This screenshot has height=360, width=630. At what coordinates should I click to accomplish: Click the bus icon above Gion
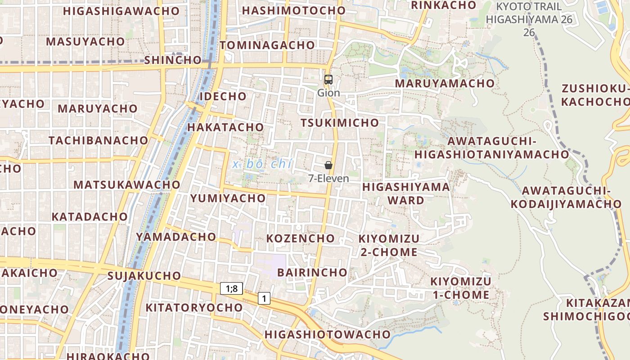pyautogui.click(x=328, y=80)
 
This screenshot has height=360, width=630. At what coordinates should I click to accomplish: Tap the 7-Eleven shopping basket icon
pyautogui.click(x=328, y=165)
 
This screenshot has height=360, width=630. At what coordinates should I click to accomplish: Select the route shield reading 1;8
pyautogui.click(x=231, y=288)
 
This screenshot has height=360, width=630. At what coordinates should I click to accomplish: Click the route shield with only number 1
pyautogui.click(x=264, y=298)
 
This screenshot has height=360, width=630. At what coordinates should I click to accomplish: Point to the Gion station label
pyautogui.click(x=328, y=93)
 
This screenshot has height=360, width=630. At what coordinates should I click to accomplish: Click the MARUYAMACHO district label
pyautogui.click(x=445, y=83)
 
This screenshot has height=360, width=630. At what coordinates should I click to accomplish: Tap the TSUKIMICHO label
pyautogui.click(x=340, y=123)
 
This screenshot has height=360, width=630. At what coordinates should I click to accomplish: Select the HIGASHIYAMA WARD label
pyautogui.click(x=406, y=193)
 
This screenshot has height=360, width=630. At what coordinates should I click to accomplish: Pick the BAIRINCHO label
pyautogui.click(x=312, y=272)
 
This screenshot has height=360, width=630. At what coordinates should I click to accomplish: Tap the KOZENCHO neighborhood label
pyautogui.click(x=301, y=238)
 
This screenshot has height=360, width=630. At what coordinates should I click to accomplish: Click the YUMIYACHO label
pyautogui.click(x=228, y=198)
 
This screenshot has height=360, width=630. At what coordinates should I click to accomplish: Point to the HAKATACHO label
pyautogui.click(x=225, y=127)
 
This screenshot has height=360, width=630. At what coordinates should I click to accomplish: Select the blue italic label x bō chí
pyautogui.click(x=262, y=164)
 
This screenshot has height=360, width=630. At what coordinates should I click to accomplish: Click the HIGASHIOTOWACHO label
pyautogui.click(x=327, y=334)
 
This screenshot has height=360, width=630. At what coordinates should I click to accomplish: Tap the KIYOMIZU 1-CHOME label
pyautogui.click(x=461, y=288)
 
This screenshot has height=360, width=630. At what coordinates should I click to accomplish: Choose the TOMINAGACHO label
pyautogui.click(x=267, y=45)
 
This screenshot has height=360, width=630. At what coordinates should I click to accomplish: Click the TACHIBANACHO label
pyautogui.click(x=99, y=140)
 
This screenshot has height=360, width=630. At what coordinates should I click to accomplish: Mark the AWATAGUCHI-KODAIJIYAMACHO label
pyautogui.click(x=566, y=197)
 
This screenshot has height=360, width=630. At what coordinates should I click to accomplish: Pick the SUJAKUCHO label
pyautogui.click(x=144, y=275)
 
